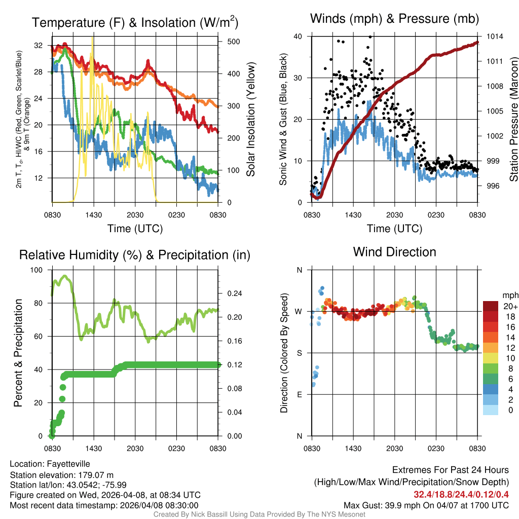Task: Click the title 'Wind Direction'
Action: (x=394, y=252)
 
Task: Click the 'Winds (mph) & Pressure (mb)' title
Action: (x=394, y=19)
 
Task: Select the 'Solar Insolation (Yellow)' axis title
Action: (x=251, y=119)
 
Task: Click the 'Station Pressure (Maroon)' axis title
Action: (x=513, y=119)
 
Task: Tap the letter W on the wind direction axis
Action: (x=299, y=311)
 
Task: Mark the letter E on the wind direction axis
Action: (x=299, y=394)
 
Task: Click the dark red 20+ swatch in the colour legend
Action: (x=491, y=306)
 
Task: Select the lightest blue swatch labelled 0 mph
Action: (x=491, y=410)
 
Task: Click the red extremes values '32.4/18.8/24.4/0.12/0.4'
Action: (x=461, y=494)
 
